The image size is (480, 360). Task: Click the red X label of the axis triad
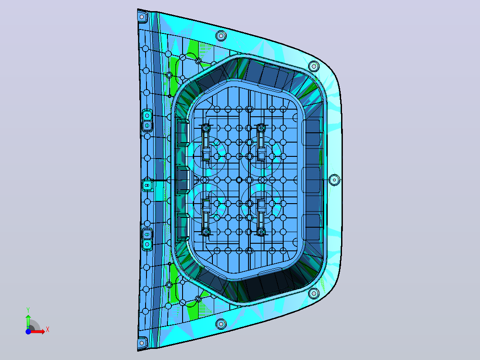(x=48, y=330)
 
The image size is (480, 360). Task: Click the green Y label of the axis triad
(x=28, y=310)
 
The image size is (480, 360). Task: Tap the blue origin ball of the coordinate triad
(x=28, y=331)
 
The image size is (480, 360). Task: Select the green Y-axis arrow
(x=28, y=322)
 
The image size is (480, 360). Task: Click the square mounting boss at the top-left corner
(x=142, y=16)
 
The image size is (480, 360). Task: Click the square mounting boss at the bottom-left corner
(x=142, y=343)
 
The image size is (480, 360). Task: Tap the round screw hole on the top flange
(x=221, y=36)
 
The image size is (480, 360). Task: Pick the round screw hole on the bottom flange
(x=221, y=323)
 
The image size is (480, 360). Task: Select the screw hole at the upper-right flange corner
(x=314, y=66)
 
